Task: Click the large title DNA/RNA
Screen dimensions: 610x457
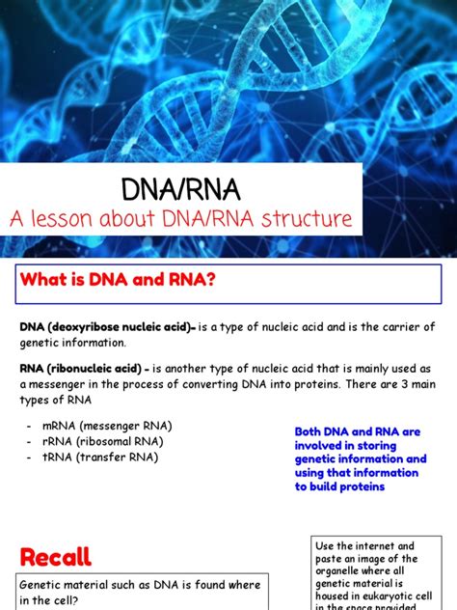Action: [x=180, y=187]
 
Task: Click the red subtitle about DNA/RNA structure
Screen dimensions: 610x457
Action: [x=180, y=219]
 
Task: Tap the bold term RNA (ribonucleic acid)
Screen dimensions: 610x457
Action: [x=83, y=368]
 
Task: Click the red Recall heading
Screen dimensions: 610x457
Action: [x=56, y=556]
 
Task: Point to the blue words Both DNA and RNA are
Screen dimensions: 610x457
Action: [x=356, y=431]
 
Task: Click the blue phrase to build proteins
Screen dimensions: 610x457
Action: [x=340, y=486]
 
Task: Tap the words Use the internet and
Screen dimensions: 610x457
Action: [x=364, y=546]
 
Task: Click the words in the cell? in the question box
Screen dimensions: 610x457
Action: [x=55, y=600]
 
